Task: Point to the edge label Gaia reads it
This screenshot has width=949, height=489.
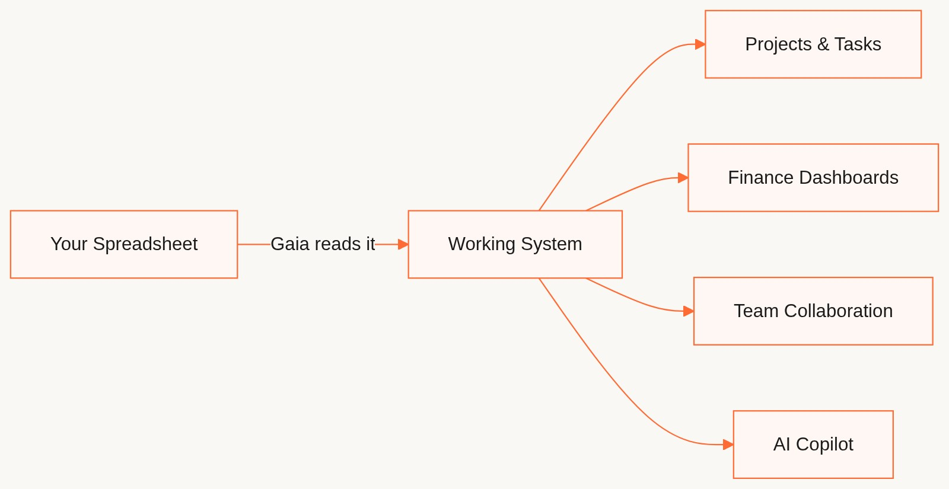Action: tap(323, 244)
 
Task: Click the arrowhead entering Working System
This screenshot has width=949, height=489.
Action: tap(403, 244)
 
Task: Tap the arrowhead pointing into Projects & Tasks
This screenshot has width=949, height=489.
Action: tap(700, 44)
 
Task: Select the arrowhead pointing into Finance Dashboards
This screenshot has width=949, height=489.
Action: tap(683, 178)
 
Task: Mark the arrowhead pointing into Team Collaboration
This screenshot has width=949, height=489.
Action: tap(688, 311)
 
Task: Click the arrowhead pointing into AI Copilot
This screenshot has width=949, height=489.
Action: tap(728, 445)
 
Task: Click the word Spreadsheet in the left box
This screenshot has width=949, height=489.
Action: tap(145, 244)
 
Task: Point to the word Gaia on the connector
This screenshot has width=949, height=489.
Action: tap(286, 244)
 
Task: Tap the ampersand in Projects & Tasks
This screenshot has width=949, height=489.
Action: tap(823, 44)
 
